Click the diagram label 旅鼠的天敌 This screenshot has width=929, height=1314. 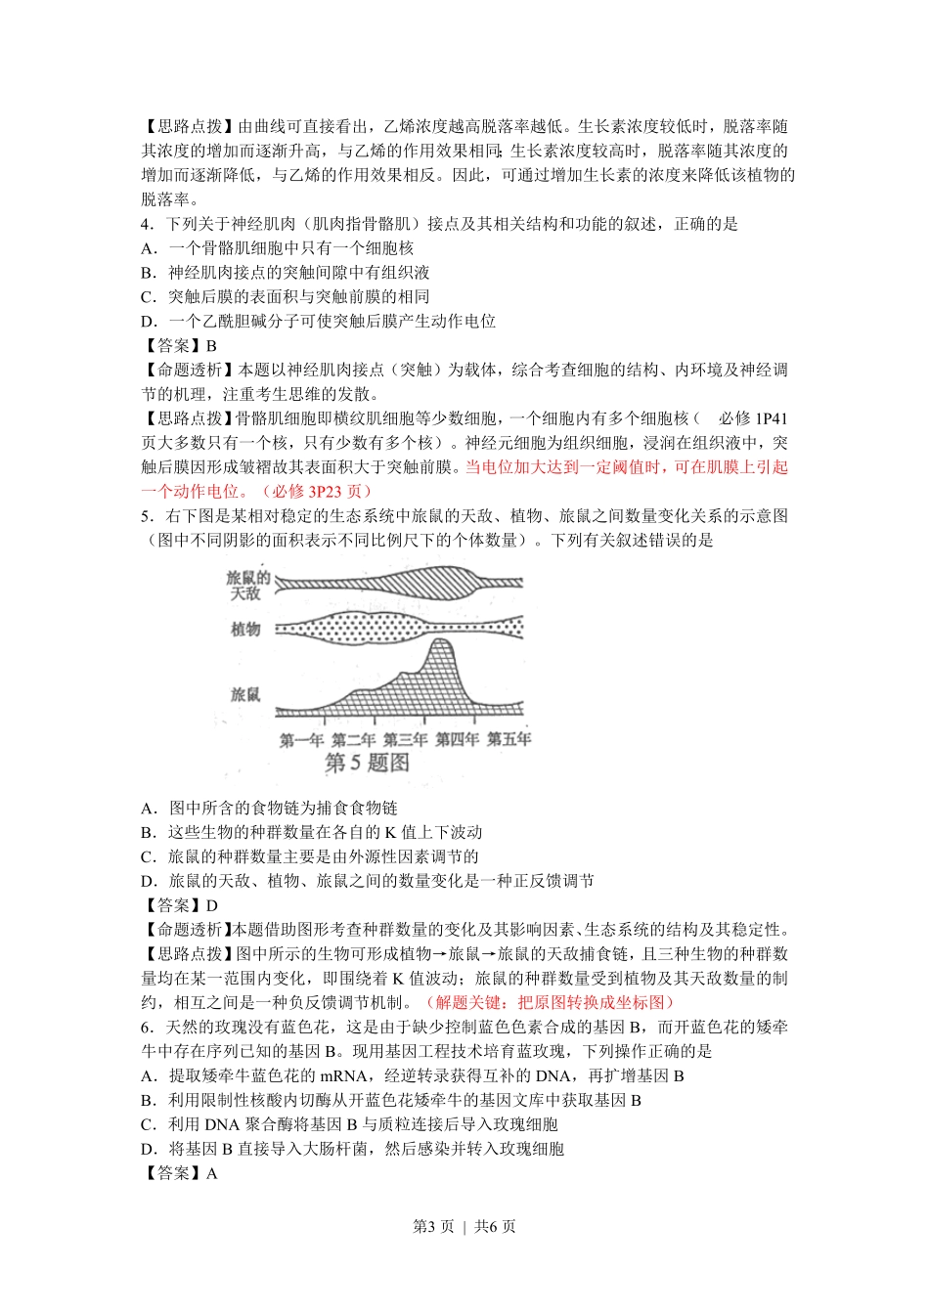(248, 585)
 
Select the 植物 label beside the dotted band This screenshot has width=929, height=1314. (245, 629)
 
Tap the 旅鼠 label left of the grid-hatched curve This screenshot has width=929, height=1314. (245, 694)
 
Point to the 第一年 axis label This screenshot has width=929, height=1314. (301, 740)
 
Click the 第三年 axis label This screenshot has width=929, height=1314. (405, 740)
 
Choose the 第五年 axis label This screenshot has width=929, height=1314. (509, 740)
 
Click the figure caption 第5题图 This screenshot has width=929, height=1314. (367, 764)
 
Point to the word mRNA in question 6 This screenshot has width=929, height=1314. (343, 1075)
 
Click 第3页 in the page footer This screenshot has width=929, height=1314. (433, 1227)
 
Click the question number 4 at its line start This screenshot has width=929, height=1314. (146, 224)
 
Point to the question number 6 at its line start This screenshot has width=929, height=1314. (146, 1027)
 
